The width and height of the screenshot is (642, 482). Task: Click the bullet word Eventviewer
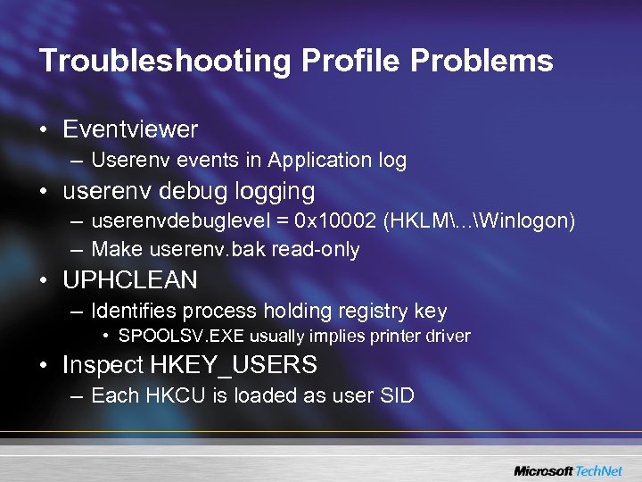tap(130, 129)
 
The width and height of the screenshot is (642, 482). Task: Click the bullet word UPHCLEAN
tap(130, 280)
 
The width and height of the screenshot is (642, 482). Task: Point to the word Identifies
tap(136, 312)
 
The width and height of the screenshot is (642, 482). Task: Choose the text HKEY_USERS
tap(234, 365)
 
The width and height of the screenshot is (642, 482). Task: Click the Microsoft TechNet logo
tap(568, 470)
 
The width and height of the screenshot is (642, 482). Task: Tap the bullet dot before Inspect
tap(44, 366)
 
